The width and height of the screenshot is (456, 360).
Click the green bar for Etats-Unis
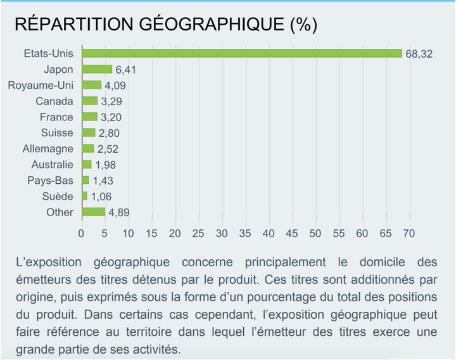(241, 53)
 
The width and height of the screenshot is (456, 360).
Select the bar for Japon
(96, 69)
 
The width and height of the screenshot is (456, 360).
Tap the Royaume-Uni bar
(91, 85)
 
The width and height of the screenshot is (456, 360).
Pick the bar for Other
(93, 212)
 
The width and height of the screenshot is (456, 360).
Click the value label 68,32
(419, 54)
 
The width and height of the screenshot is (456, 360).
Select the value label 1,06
(101, 196)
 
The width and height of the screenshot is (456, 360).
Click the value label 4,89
(119, 212)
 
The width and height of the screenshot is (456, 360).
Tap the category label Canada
(54, 101)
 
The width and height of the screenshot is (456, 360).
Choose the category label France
(56, 117)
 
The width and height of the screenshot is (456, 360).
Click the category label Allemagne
(48, 148)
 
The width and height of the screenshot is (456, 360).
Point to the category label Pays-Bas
(51, 180)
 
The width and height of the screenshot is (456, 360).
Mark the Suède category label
(57, 196)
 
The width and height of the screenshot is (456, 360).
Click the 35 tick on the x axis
(245, 233)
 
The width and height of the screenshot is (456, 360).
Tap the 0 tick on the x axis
(81, 233)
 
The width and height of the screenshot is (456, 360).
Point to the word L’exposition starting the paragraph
(53, 261)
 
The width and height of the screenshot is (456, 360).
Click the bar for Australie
(86, 164)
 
